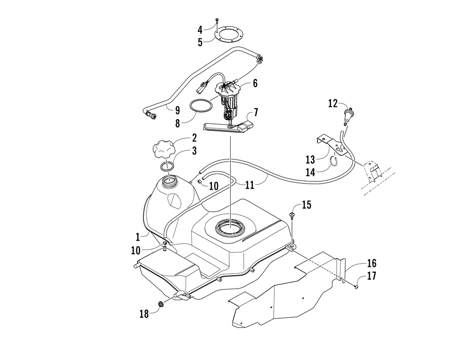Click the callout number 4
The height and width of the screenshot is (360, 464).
click(x=200, y=30)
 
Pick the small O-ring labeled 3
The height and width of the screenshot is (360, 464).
click(x=168, y=166)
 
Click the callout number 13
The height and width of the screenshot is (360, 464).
click(x=310, y=160)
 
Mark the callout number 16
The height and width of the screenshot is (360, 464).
click(x=371, y=264)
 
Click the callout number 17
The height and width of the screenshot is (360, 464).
click(x=371, y=276)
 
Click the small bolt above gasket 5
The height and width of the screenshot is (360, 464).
click(x=217, y=19)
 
